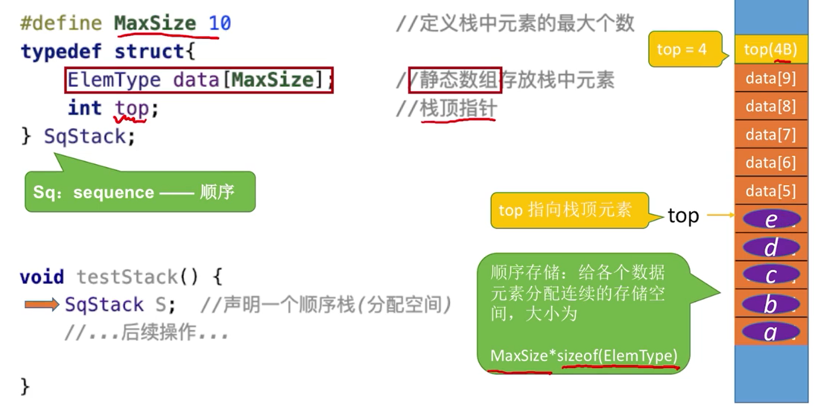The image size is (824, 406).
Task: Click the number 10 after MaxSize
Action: (219, 24)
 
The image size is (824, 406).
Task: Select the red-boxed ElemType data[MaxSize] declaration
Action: (199, 80)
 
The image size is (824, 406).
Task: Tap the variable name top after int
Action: (132, 108)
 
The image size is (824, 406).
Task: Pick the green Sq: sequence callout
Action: (140, 192)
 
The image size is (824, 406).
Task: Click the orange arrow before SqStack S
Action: (42, 304)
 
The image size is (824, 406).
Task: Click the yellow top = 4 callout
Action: (682, 49)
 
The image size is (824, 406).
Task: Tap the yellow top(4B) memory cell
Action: (771, 50)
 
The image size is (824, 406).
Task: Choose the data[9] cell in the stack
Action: (771, 79)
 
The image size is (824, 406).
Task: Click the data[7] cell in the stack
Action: (771, 135)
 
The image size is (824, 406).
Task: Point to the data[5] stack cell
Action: (771, 191)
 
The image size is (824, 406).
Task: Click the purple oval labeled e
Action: (771, 220)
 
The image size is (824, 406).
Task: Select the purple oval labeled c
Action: (771, 276)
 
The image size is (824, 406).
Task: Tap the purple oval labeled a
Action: (771, 332)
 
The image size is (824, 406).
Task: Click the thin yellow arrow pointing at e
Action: (720, 215)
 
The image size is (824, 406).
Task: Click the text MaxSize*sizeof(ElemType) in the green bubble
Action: (584, 355)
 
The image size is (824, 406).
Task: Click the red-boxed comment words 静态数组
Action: (454, 80)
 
